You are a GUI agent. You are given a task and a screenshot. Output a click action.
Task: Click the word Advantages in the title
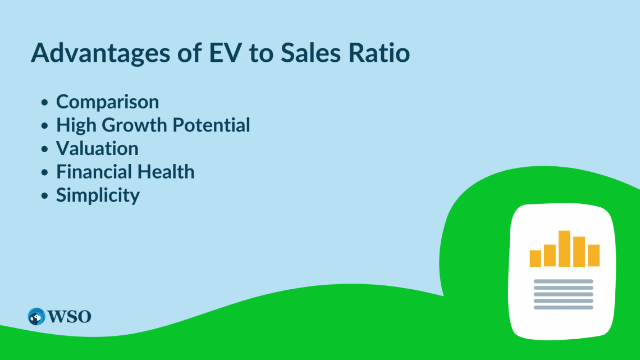(x=100, y=53)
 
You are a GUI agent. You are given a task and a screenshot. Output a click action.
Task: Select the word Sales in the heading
(x=310, y=53)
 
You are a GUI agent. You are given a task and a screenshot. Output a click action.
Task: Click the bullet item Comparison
(x=107, y=102)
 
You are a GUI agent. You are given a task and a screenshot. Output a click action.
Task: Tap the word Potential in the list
(x=211, y=125)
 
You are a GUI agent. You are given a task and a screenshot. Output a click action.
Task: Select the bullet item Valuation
(x=97, y=148)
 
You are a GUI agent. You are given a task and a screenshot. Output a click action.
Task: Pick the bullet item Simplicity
(x=98, y=195)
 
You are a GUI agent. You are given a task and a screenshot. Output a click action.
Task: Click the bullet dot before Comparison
(x=44, y=102)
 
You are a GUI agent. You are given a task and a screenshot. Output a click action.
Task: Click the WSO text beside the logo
(x=70, y=317)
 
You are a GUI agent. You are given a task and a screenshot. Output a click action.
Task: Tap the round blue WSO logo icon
(x=36, y=316)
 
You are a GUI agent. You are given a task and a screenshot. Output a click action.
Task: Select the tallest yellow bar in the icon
(x=564, y=249)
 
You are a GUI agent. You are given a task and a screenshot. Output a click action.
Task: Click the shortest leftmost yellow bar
(x=535, y=258)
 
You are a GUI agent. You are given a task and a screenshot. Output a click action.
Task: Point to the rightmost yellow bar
(x=593, y=256)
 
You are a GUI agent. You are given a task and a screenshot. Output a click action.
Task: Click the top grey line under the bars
(x=563, y=281)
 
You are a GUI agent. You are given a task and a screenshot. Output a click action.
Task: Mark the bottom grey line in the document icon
(x=563, y=307)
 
